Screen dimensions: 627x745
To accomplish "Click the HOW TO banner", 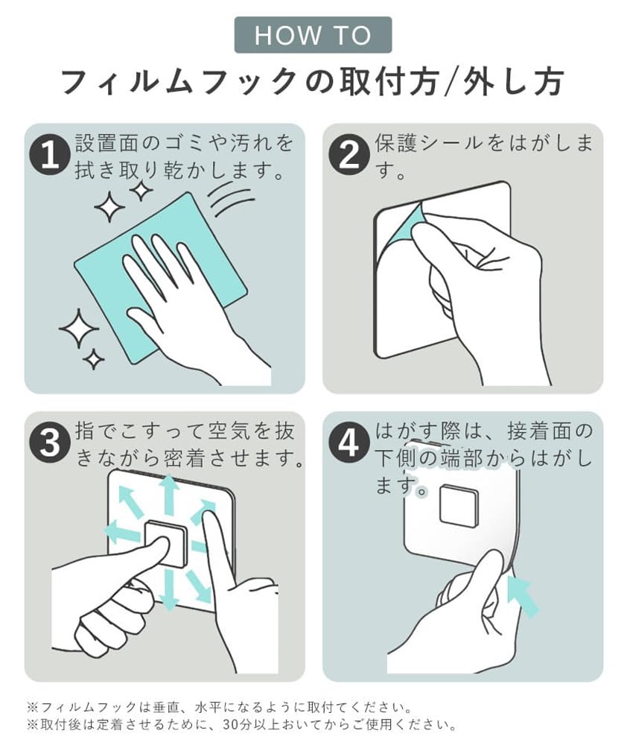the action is pyautogui.click(x=313, y=35).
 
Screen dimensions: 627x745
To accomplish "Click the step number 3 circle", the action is pyautogui.click(x=50, y=443).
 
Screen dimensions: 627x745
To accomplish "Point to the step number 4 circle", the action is pyautogui.click(x=349, y=443).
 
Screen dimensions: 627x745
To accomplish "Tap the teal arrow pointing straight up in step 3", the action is pyautogui.click(x=167, y=494).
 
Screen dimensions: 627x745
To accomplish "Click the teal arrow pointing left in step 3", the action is pyautogui.click(x=124, y=531).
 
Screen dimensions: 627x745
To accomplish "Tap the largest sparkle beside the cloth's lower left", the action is pyautogui.click(x=78, y=329).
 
